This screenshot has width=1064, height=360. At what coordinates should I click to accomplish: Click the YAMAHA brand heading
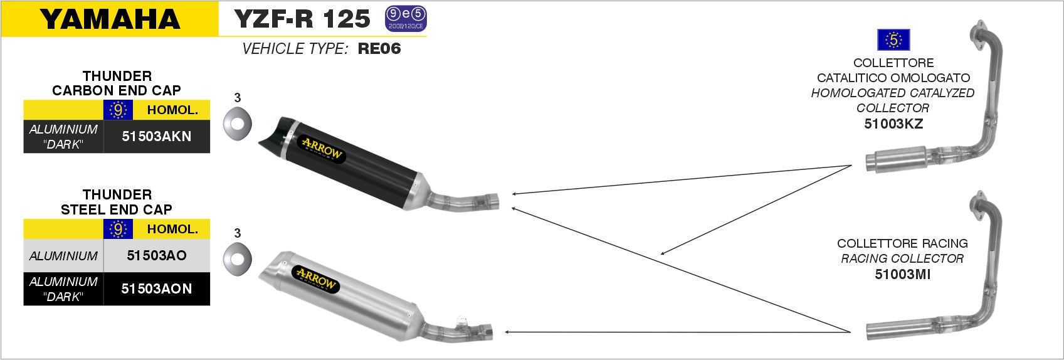[110, 19]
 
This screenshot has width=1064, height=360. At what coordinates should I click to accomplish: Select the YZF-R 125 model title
[302, 19]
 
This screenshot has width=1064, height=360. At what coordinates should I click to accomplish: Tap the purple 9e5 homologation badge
[406, 19]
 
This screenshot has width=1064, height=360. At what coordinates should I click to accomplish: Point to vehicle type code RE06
[379, 48]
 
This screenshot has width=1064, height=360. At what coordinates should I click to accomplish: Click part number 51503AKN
[156, 136]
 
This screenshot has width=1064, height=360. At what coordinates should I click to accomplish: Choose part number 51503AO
[156, 255]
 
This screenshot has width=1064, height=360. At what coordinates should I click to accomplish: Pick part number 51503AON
[156, 289]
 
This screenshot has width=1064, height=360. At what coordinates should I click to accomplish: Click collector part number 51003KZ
[893, 124]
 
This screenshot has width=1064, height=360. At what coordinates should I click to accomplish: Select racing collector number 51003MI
[902, 274]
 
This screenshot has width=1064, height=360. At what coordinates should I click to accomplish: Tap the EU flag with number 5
[893, 40]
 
